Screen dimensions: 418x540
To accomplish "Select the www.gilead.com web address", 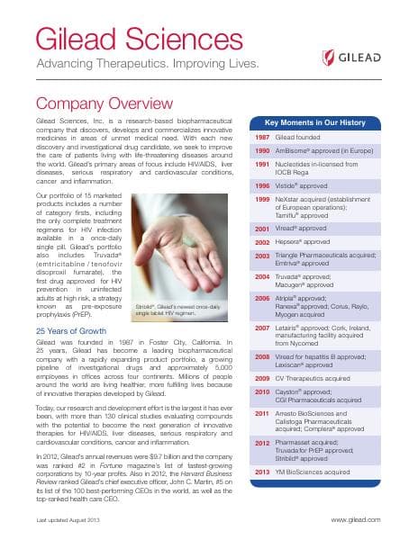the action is click(373, 520).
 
